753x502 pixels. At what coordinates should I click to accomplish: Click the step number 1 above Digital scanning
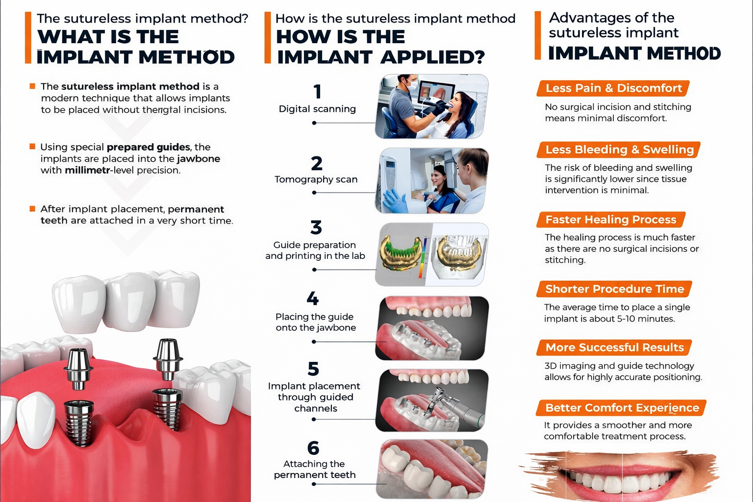(x=317, y=92)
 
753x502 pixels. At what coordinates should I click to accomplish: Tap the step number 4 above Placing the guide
(x=312, y=299)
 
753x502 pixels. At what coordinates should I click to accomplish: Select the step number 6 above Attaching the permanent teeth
(x=313, y=448)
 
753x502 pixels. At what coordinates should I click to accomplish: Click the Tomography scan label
(x=316, y=179)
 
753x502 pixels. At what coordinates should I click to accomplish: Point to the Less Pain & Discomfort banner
(x=613, y=88)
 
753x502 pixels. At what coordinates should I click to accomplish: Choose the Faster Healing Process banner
(x=610, y=220)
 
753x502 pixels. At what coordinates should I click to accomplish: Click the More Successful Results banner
(x=614, y=348)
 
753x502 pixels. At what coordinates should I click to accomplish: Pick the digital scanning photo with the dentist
(x=431, y=106)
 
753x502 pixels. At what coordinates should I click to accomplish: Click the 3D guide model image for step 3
(x=431, y=254)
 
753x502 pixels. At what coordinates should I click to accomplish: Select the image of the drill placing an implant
(x=431, y=401)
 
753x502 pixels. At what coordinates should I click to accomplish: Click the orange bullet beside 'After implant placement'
(x=32, y=209)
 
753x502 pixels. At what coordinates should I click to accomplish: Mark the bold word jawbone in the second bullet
(x=199, y=159)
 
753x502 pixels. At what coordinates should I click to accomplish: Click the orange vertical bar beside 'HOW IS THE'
(x=268, y=38)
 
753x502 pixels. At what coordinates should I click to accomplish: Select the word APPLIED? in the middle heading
(x=432, y=57)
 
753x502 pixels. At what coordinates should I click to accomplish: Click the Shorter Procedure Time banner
(x=614, y=289)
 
